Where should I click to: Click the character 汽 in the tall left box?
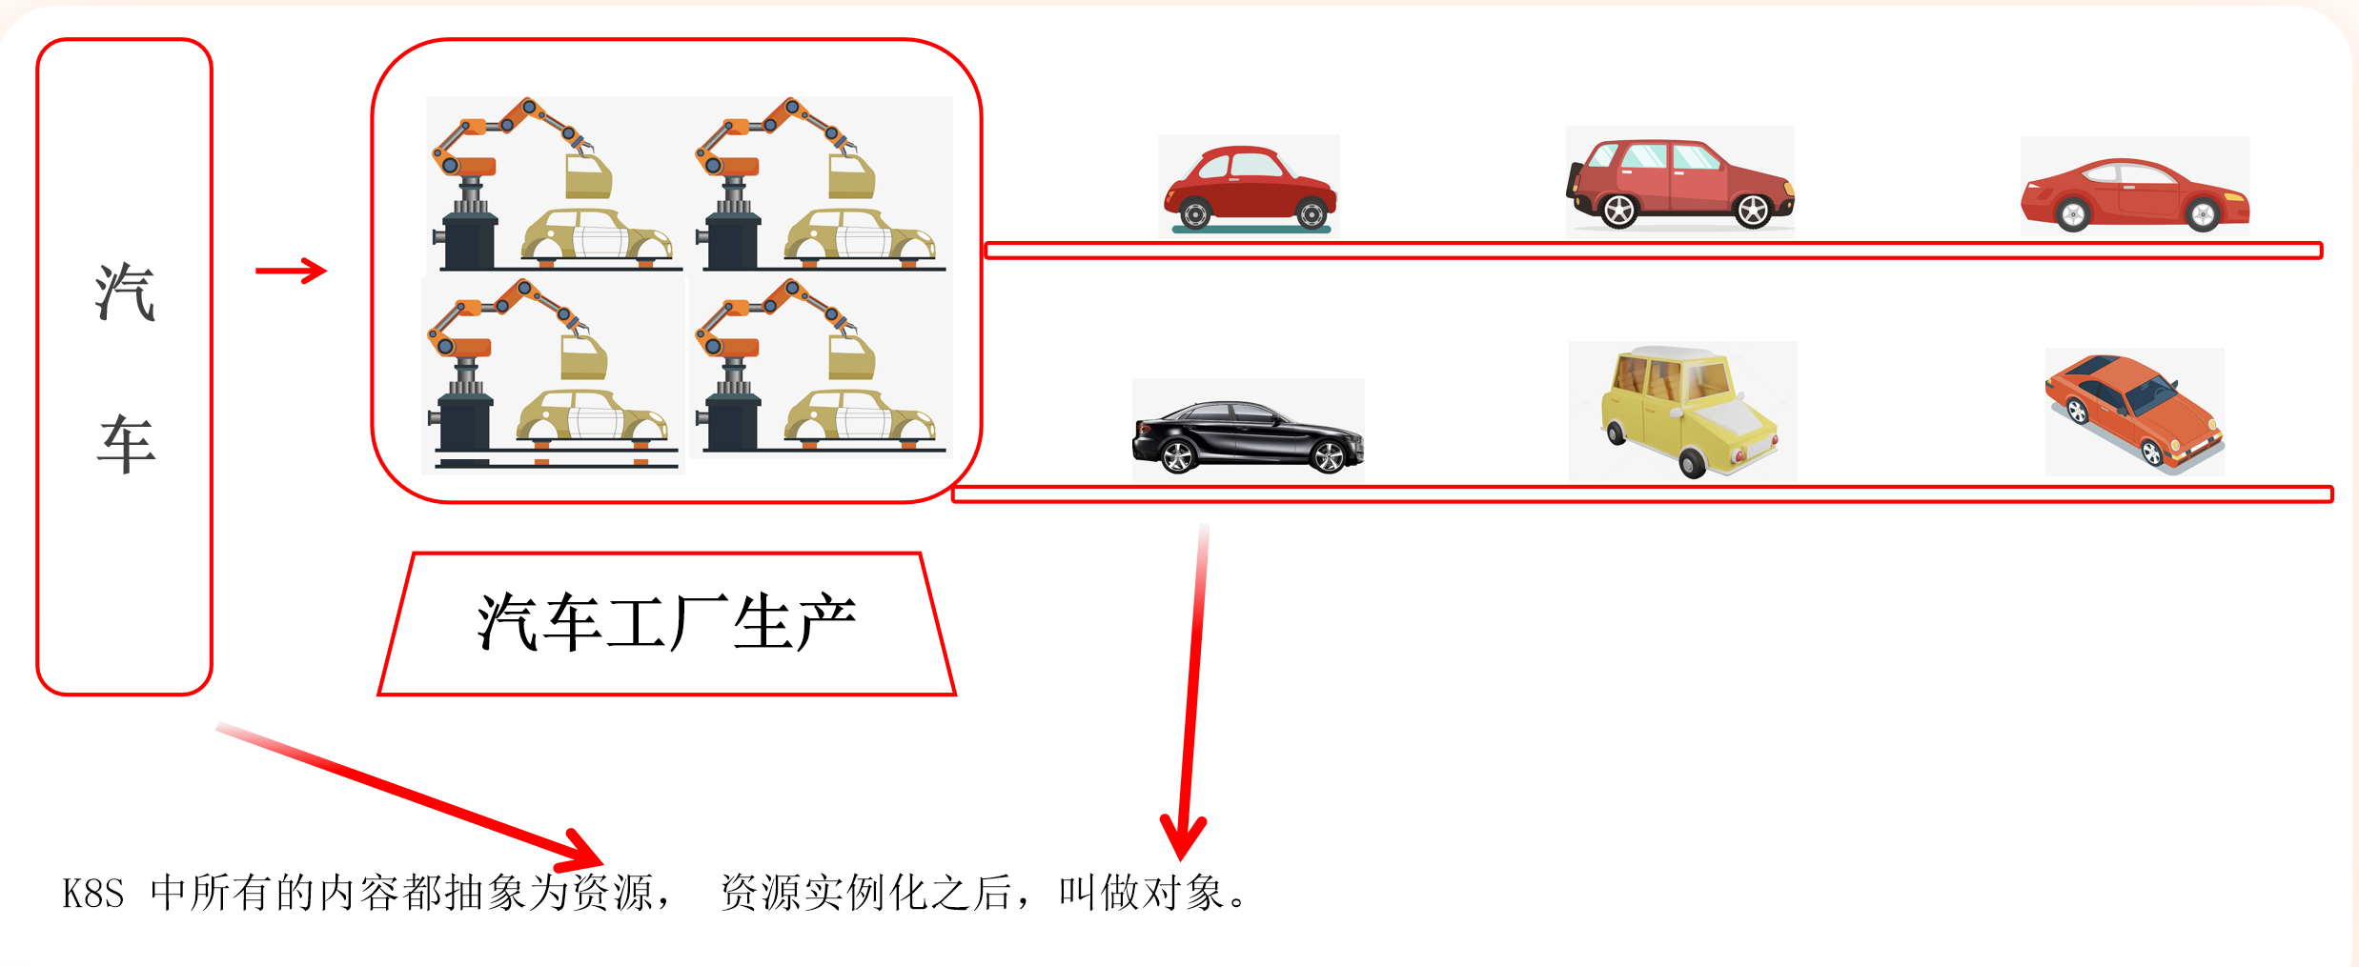(125, 292)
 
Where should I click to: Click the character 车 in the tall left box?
(126, 444)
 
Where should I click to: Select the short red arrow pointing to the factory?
(291, 271)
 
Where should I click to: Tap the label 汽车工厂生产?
(666, 623)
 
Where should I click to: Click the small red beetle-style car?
(1249, 187)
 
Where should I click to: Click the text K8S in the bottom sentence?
(93, 895)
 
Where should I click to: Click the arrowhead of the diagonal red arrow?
(581, 851)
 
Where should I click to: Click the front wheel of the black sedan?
(1328, 458)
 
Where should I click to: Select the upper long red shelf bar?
(1653, 251)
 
